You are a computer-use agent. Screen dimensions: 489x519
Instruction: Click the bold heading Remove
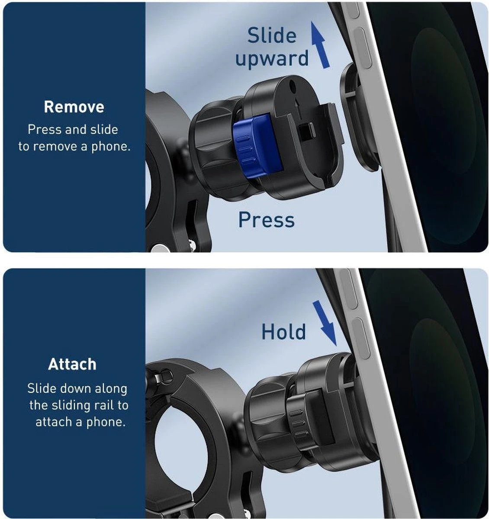[x=74, y=107]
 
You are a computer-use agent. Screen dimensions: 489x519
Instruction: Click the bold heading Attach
[x=72, y=364]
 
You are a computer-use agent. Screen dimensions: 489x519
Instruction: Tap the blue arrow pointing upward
[x=320, y=45]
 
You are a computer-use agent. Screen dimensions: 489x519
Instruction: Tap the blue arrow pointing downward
[x=325, y=323]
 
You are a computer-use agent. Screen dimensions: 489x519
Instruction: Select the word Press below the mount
[x=267, y=220]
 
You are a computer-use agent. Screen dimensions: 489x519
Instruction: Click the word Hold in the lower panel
[x=283, y=332]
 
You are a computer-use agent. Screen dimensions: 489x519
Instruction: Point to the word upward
[x=272, y=58]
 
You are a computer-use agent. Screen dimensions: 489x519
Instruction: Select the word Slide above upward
[x=272, y=35]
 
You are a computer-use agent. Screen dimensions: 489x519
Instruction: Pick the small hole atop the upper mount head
[x=293, y=85]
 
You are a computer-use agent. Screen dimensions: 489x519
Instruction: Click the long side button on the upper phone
[x=362, y=48]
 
